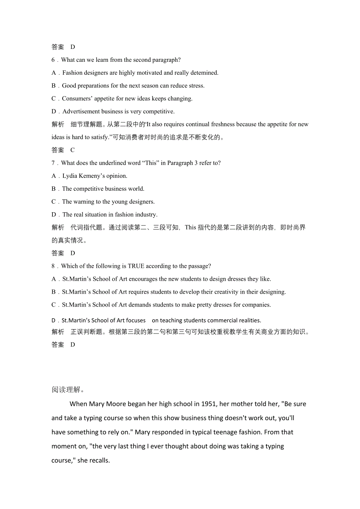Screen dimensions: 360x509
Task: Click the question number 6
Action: [53, 60]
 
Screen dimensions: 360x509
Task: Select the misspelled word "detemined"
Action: [204, 73]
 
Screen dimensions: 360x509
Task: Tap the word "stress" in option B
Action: [195, 86]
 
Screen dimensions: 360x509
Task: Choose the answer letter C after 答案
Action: [72, 150]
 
